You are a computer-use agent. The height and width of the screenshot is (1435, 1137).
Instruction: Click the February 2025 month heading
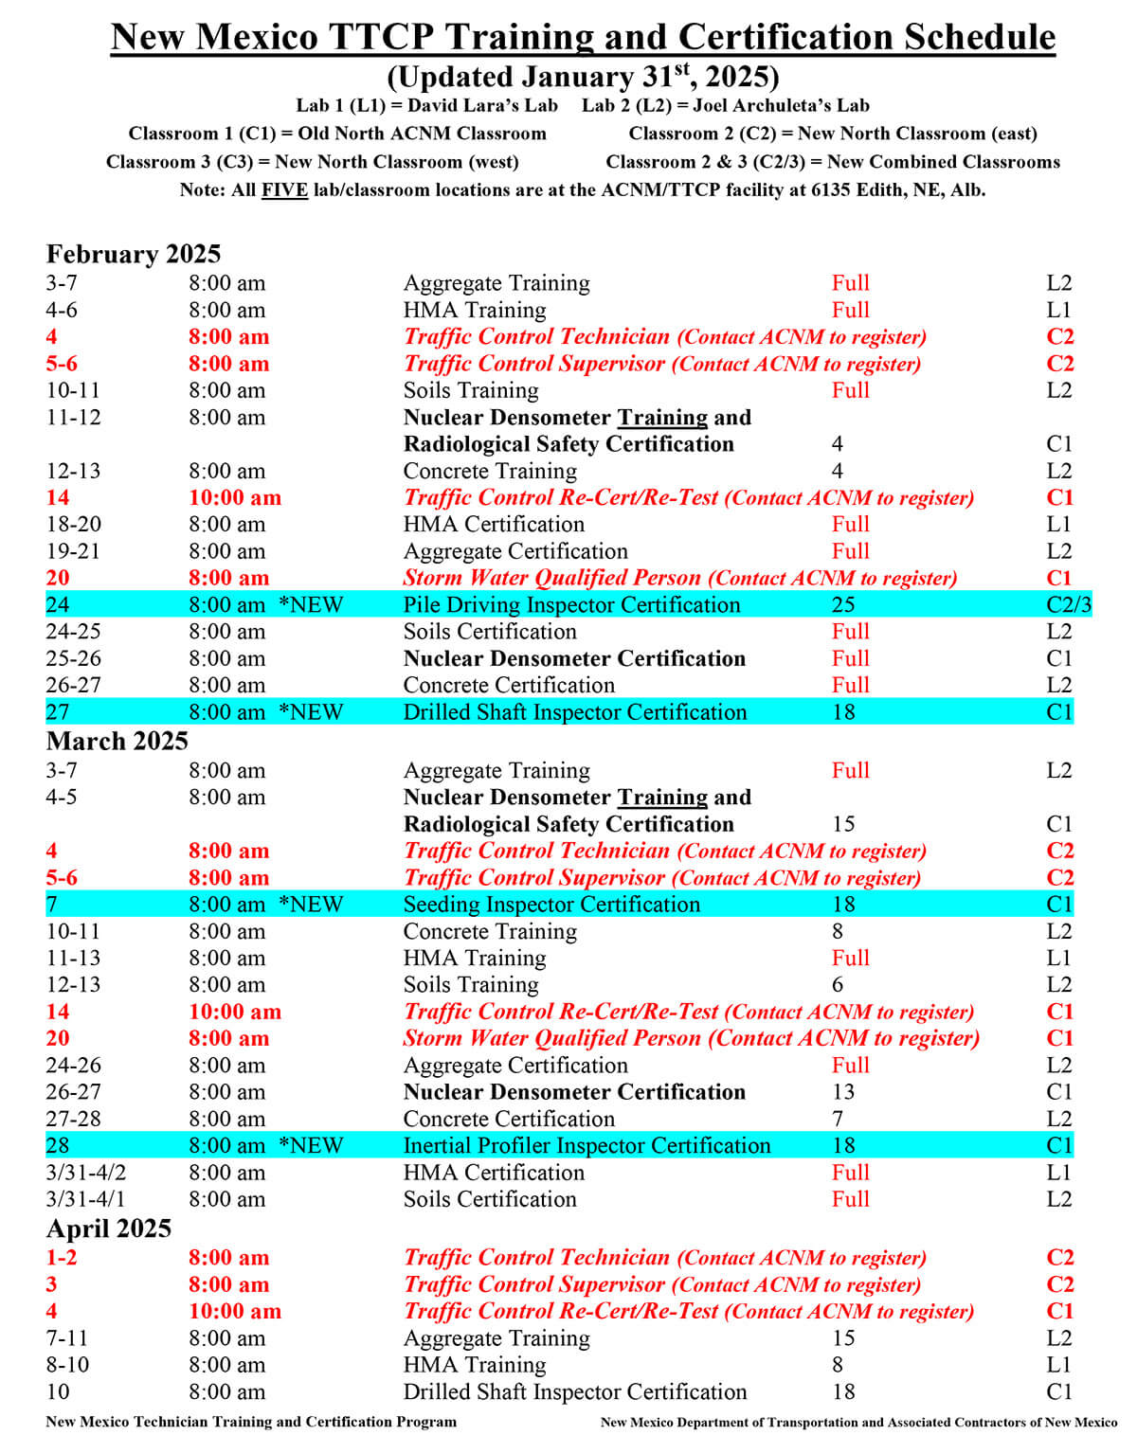[x=134, y=254]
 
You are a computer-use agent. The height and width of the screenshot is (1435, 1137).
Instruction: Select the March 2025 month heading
[x=117, y=741]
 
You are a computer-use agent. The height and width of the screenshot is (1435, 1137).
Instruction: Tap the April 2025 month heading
[x=109, y=1229]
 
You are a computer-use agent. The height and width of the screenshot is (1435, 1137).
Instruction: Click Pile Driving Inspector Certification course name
[x=571, y=604]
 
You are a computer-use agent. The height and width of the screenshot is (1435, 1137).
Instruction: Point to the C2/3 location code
[x=1069, y=604]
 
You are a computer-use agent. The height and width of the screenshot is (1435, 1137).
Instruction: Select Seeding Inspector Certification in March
[x=551, y=905]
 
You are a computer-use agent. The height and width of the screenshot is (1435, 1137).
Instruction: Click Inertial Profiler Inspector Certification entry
[x=587, y=1145]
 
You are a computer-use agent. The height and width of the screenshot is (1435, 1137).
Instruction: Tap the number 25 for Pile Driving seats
[x=842, y=604]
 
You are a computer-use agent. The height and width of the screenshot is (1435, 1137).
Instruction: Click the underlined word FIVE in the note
[x=284, y=189]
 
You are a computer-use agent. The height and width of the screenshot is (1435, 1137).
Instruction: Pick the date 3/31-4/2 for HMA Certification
[x=86, y=1173]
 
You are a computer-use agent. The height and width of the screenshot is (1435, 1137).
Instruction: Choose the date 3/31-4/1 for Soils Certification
[x=86, y=1199]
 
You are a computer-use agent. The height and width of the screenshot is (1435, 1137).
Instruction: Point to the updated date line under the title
[x=583, y=77]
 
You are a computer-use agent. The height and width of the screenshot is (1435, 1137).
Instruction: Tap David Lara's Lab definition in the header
[x=426, y=105]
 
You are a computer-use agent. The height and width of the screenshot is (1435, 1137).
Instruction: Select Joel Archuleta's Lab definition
[x=725, y=105]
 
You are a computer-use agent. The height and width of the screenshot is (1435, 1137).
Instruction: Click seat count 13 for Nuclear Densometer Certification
[x=842, y=1092]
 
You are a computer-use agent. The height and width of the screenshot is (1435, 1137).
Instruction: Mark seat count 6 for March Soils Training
[x=837, y=985]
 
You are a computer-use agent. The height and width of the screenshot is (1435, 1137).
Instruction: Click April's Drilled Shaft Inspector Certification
[x=575, y=1392]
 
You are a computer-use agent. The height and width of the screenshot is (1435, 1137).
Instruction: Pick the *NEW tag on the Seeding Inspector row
[x=311, y=905]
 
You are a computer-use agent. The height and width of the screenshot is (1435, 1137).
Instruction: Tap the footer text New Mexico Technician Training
[x=251, y=1422]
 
